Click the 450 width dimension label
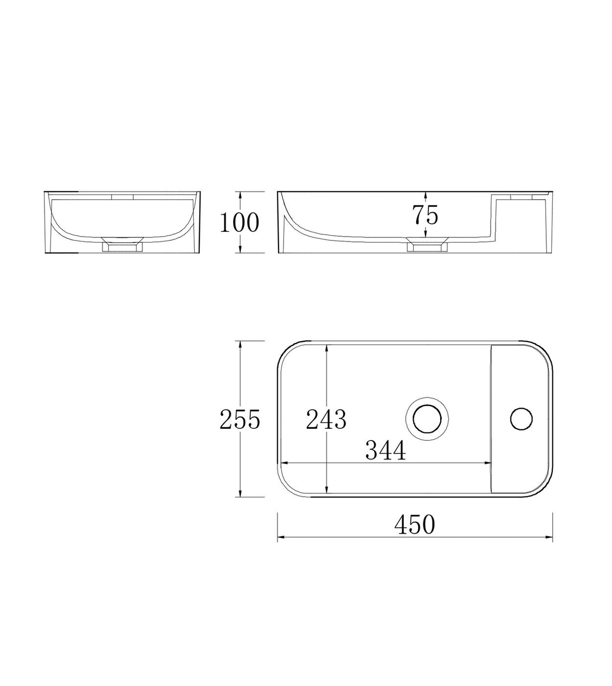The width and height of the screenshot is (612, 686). coord(415,525)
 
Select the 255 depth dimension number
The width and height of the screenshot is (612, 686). coord(240,419)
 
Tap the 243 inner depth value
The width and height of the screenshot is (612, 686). coord(326,419)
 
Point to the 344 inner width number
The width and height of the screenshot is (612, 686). coord(386,450)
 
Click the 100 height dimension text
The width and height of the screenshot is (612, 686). coord(239,223)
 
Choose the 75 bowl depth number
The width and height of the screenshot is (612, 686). coord(425,215)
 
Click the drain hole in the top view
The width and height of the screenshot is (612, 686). coord(427,419)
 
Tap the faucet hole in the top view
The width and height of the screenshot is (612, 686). coord(521,419)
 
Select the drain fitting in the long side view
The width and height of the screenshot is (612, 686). coord(427,244)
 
